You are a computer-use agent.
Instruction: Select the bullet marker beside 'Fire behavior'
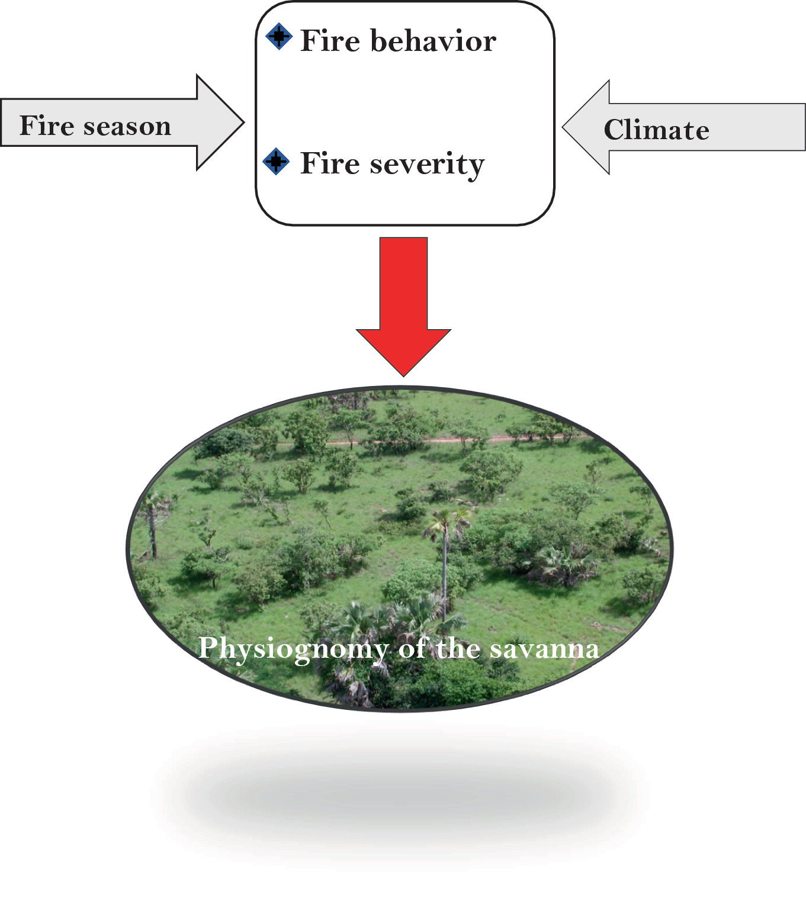click(278, 37)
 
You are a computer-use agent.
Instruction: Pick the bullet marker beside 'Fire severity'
click(276, 161)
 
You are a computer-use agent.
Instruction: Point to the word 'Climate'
click(656, 130)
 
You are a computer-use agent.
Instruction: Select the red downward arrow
click(403, 296)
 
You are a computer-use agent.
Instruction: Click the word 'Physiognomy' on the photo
click(293, 649)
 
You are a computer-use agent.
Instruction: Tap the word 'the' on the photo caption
click(458, 649)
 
